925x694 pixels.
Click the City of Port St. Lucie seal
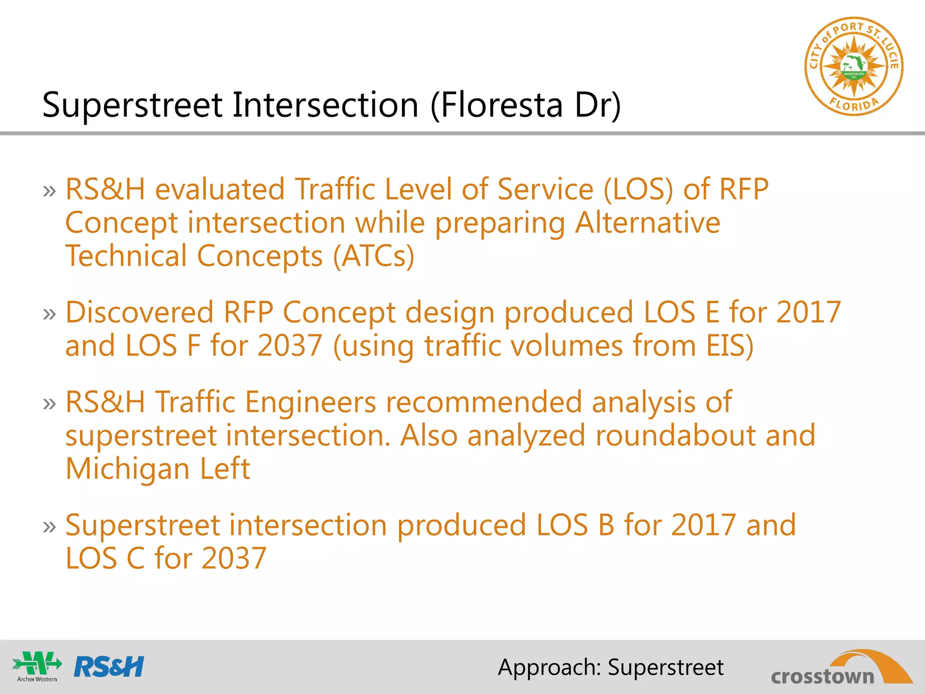[853, 66]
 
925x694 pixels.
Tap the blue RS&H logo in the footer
[109, 666]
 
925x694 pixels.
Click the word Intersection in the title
[326, 105]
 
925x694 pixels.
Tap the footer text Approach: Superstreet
[611, 667]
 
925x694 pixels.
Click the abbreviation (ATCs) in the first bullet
[374, 256]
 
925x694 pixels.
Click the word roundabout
[675, 436]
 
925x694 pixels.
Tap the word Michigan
[127, 469]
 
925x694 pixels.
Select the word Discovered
[139, 312]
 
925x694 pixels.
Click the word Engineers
[311, 402]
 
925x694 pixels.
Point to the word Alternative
[647, 223]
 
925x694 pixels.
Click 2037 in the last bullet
[234, 558]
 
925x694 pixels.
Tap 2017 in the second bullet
[808, 312]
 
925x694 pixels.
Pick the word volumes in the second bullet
[563, 346]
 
